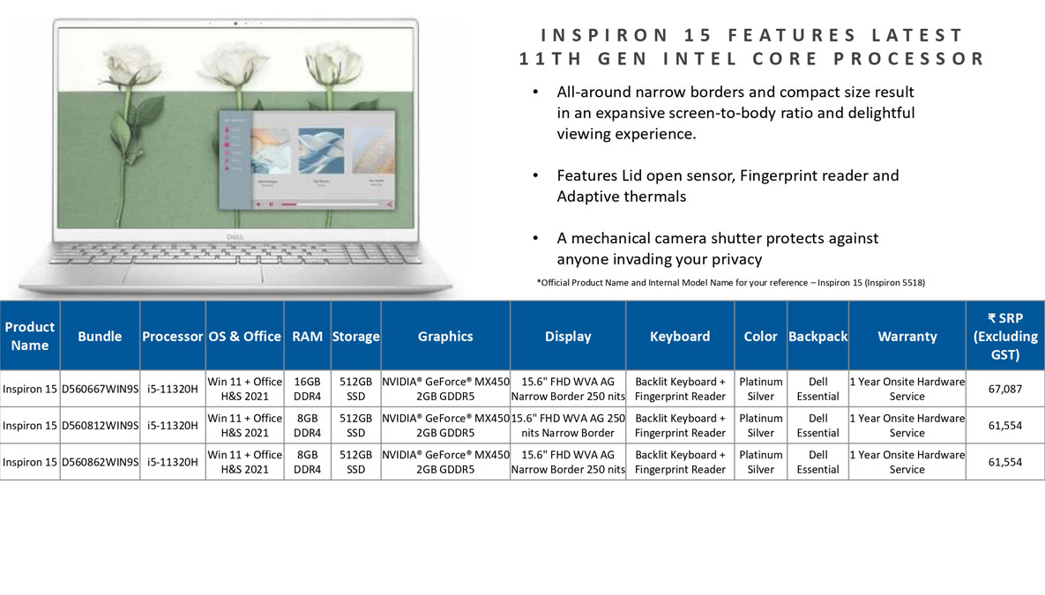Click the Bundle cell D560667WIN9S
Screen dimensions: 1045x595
pos(100,389)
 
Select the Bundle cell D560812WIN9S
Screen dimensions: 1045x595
pos(100,426)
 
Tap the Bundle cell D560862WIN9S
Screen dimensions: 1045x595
pos(100,463)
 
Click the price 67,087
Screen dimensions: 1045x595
pos(1005,389)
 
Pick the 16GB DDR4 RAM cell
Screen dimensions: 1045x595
pos(307,389)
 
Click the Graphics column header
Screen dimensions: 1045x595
pos(445,337)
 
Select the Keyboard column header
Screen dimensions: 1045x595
pos(680,337)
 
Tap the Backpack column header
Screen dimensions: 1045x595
pos(817,337)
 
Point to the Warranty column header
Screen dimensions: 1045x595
pos(907,337)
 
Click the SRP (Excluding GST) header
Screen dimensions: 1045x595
pos(1005,337)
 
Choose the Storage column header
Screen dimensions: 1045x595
pos(356,337)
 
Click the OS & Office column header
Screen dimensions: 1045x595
pos(244,337)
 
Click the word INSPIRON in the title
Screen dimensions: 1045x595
pos(604,34)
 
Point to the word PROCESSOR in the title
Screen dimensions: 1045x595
pos(908,59)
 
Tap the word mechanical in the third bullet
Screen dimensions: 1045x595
pos(612,239)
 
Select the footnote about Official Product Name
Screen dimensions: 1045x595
pos(730,282)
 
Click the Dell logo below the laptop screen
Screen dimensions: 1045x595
pos(235,236)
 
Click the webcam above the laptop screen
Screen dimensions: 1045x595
pos(235,23)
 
